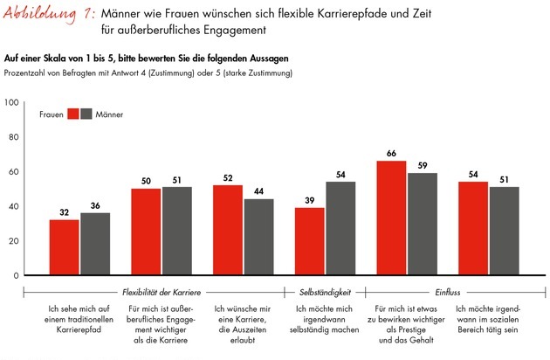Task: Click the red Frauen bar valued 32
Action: tap(64, 247)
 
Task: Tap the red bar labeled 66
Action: tap(391, 218)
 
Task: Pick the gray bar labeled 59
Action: tap(422, 224)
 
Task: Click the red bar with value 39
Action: tap(309, 241)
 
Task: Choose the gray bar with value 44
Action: tap(258, 237)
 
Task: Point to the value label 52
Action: tap(228, 177)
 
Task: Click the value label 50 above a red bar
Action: tap(146, 181)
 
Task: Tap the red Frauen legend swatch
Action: tap(73, 114)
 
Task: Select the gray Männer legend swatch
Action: tap(86, 114)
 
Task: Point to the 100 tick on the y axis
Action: tap(11, 102)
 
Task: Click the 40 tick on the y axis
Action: tap(13, 206)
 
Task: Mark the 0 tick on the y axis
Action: tap(16, 275)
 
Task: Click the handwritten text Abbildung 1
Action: tap(51, 14)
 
